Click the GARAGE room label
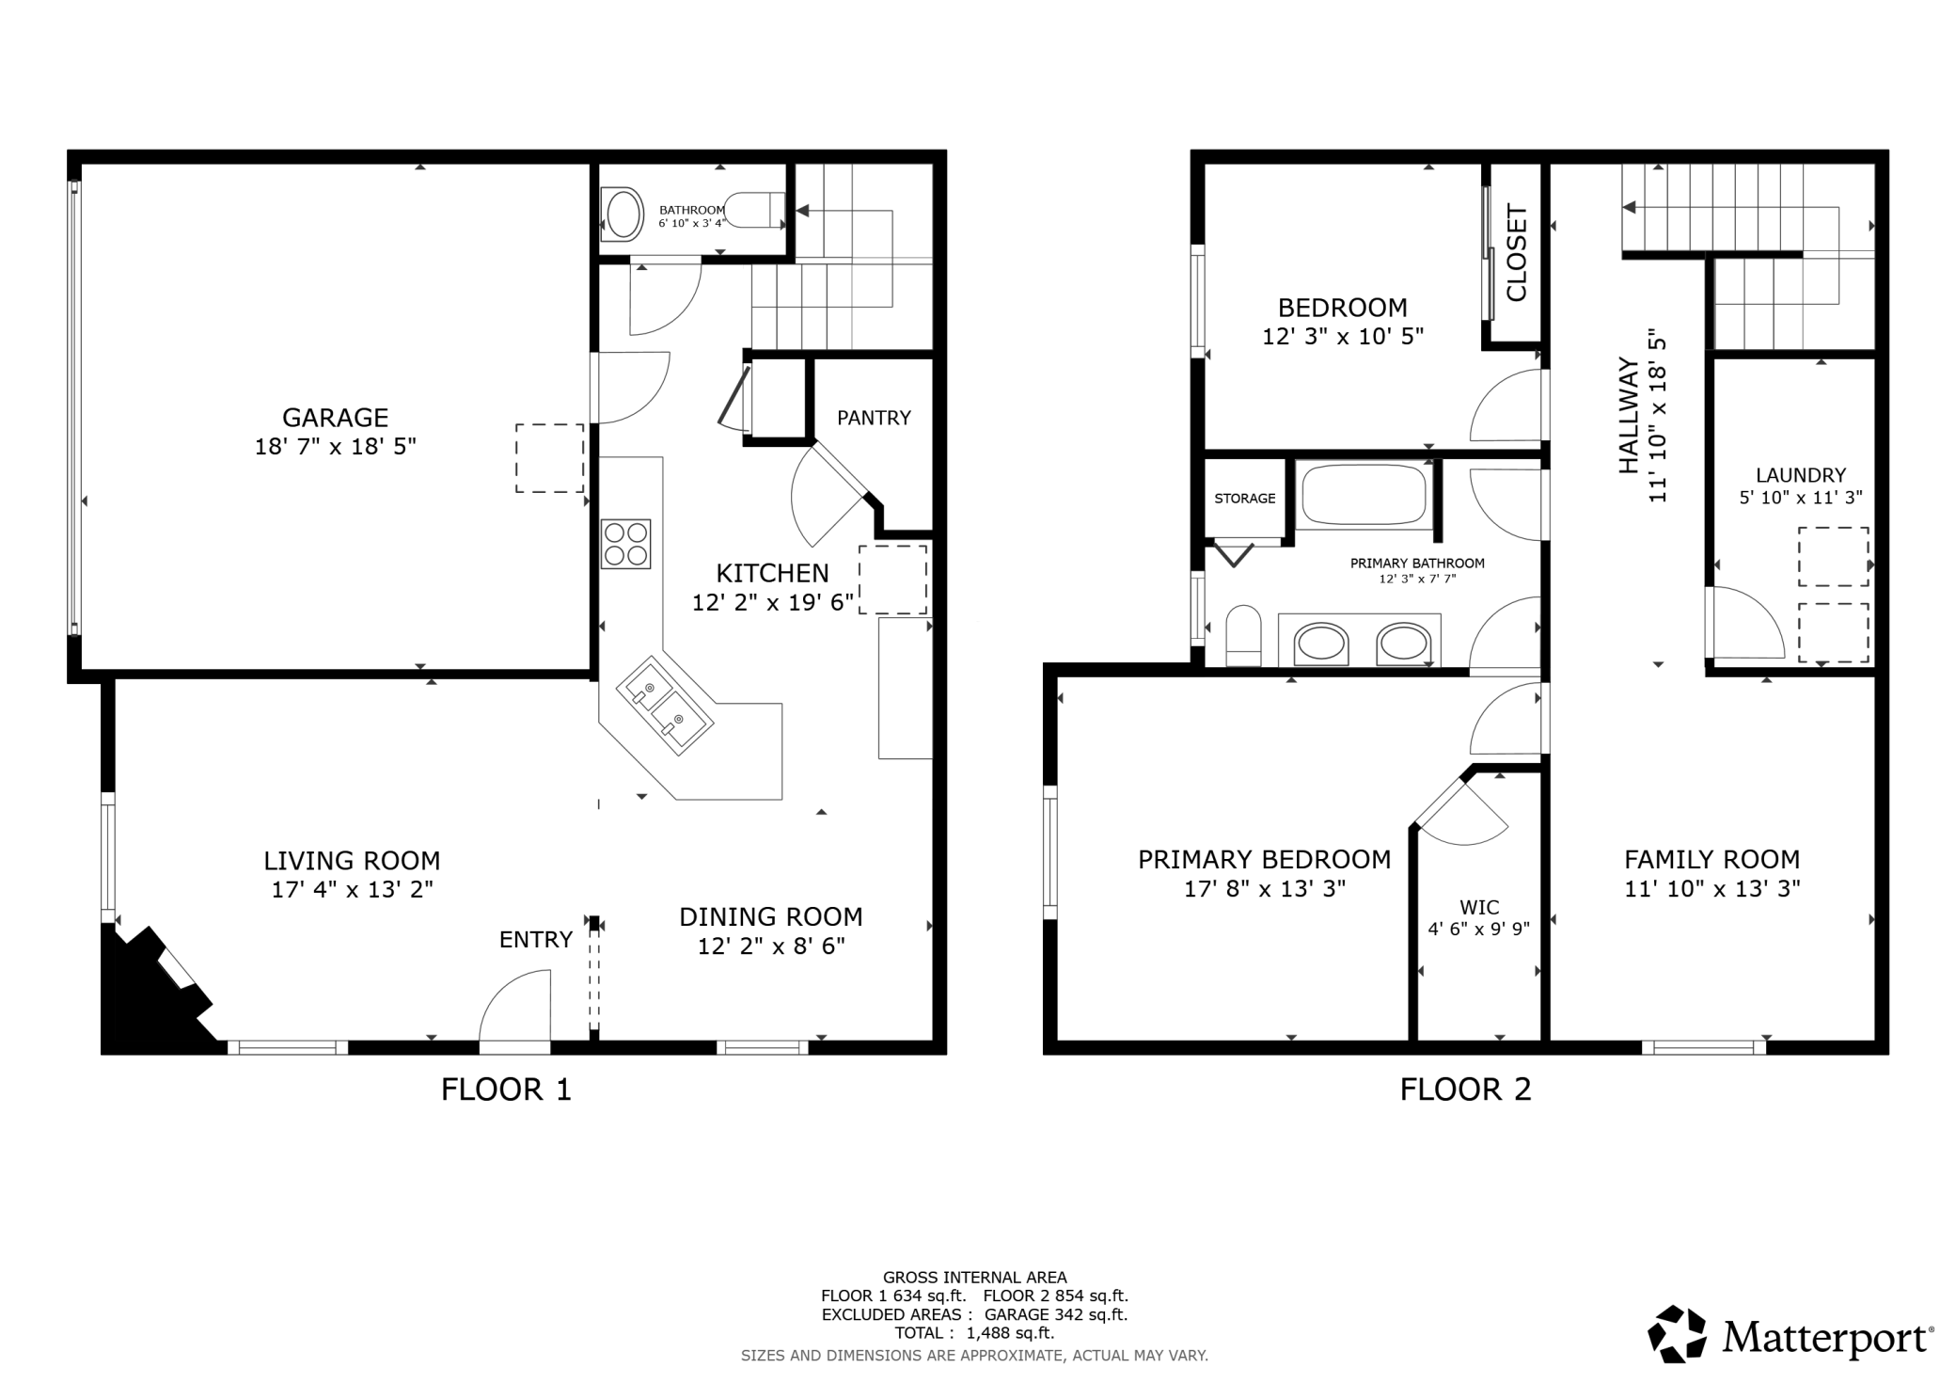tap(335, 417)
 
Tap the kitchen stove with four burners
tap(626, 544)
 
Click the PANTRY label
tap(874, 418)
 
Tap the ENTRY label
tap(536, 939)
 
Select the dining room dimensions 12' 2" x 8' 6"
tap(771, 946)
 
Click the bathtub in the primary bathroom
tap(1364, 494)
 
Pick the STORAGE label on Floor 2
tap(1245, 499)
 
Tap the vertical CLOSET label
tap(1516, 253)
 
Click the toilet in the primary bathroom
tap(1243, 635)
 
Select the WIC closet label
tap(1479, 908)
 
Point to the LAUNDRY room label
tap(1801, 475)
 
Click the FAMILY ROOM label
tap(1712, 859)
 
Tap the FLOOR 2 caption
tap(1466, 1089)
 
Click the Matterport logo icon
tap(1677, 1333)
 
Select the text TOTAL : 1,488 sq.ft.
tap(974, 1332)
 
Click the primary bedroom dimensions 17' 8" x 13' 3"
tap(1265, 888)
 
